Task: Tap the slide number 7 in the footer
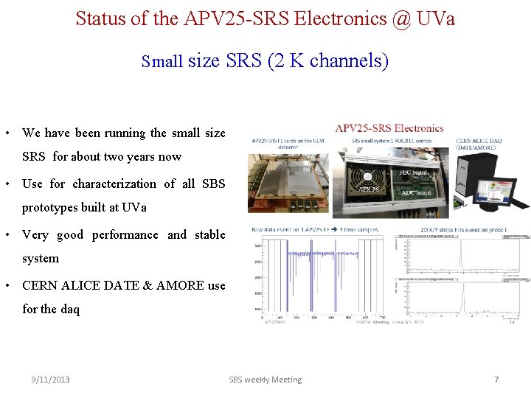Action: [496, 380]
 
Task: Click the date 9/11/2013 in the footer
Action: [50, 380]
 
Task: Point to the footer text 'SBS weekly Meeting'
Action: [265, 380]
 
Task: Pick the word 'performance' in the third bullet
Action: [125, 234]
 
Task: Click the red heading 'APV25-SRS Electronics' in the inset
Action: [389, 128]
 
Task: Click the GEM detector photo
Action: [291, 184]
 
